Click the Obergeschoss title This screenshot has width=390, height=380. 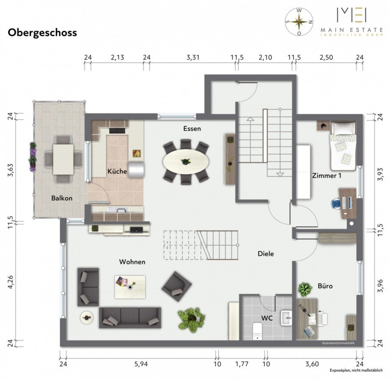tap(42, 33)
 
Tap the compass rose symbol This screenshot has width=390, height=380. tap(299, 22)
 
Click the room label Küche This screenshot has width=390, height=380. tap(117, 171)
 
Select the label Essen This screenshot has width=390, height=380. tap(192, 128)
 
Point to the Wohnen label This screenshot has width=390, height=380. tap(132, 262)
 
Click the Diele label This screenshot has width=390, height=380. tap(266, 254)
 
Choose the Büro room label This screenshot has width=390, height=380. tap(325, 286)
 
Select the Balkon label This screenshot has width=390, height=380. tap(62, 198)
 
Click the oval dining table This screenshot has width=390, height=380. tap(186, 162)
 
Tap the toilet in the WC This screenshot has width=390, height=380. tap(257, 330)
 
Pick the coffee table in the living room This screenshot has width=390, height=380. tap(130, 286)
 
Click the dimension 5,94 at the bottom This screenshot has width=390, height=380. tap(139, 363)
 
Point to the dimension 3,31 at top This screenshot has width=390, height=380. tap(192, 58)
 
